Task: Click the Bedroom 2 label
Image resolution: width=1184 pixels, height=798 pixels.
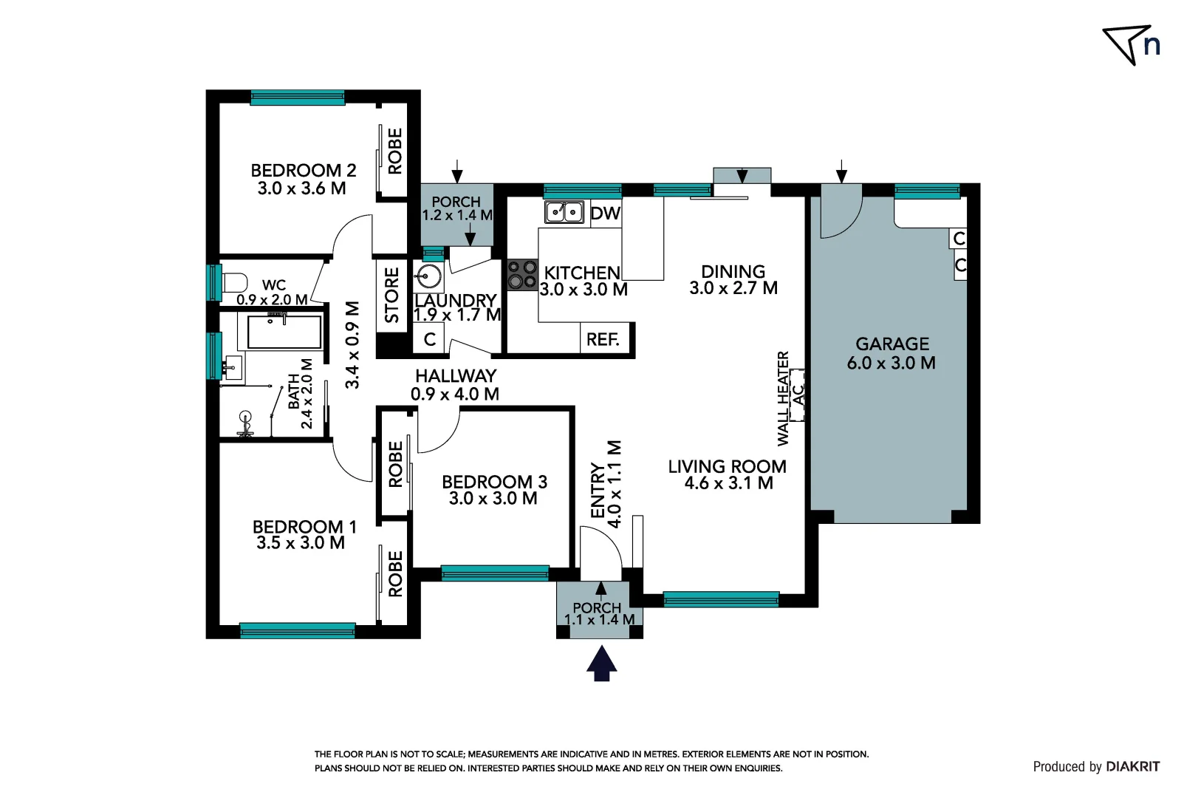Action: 303,171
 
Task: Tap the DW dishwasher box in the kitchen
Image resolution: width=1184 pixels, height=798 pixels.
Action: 605,214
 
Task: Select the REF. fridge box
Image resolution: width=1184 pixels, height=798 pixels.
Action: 603,339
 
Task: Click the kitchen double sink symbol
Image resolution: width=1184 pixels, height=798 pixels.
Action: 564,212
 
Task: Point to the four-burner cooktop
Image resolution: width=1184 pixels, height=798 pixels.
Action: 522,274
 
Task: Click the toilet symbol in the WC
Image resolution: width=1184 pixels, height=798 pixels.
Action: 235,283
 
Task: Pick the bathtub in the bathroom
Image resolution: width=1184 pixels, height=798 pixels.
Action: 284,332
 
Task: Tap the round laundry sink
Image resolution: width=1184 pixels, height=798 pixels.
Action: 428,277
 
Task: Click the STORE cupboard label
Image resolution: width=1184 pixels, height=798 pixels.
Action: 392,296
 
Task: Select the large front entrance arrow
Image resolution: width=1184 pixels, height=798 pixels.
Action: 601,663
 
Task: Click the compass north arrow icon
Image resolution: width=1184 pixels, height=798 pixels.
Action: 1131,45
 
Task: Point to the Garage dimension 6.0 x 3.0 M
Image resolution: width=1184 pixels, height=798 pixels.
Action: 891,363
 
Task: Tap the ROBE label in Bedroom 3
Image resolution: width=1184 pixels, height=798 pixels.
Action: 396,464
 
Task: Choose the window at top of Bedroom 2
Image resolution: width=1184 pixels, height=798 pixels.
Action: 297,97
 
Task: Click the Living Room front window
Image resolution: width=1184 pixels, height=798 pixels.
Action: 720,598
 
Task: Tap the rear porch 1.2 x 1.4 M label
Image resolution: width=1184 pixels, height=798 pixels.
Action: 456,208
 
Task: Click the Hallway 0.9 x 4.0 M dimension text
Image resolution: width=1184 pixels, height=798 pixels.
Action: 455,394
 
